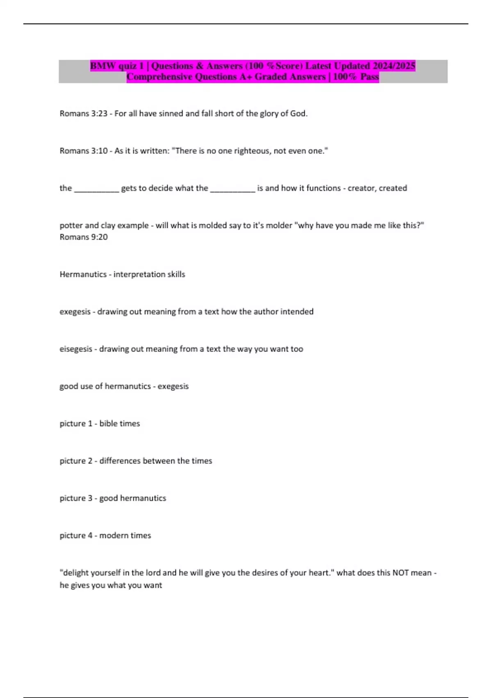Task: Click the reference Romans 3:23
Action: click(x=83, y=114)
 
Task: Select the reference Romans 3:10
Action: click(x=83, y=151)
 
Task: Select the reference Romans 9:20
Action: click(x=84, y=237)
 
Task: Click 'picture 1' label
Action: click(x=76, y=424)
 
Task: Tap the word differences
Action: click(x=120, y=461)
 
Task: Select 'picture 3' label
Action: click(x=76, y=498)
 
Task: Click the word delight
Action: click(x=75, y=573)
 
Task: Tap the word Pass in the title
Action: click(x=369, y=77)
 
